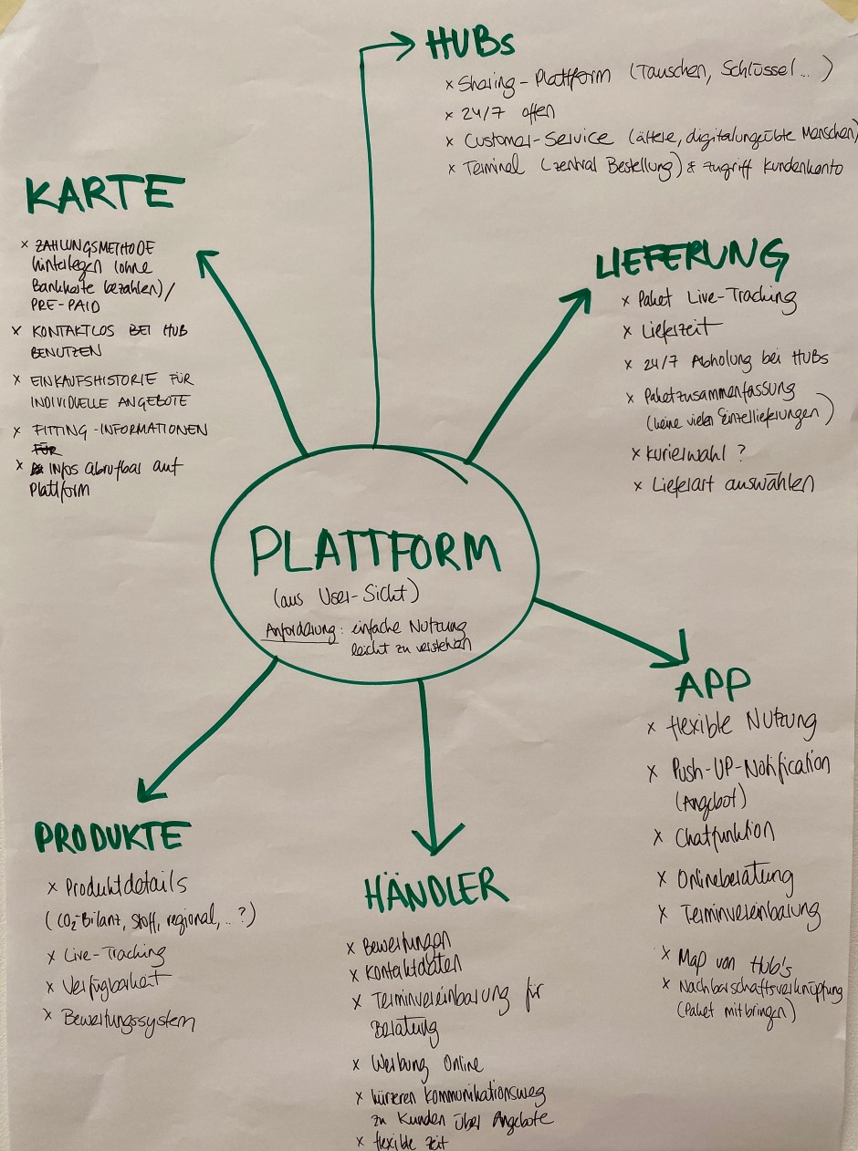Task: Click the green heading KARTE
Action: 99,196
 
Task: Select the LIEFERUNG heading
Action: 691,260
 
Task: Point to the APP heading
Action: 714,682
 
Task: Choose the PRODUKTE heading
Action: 113,836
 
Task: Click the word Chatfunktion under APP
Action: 726,835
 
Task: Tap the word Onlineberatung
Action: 736,878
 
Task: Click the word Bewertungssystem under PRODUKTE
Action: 128,1018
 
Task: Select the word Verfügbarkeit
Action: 117,985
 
